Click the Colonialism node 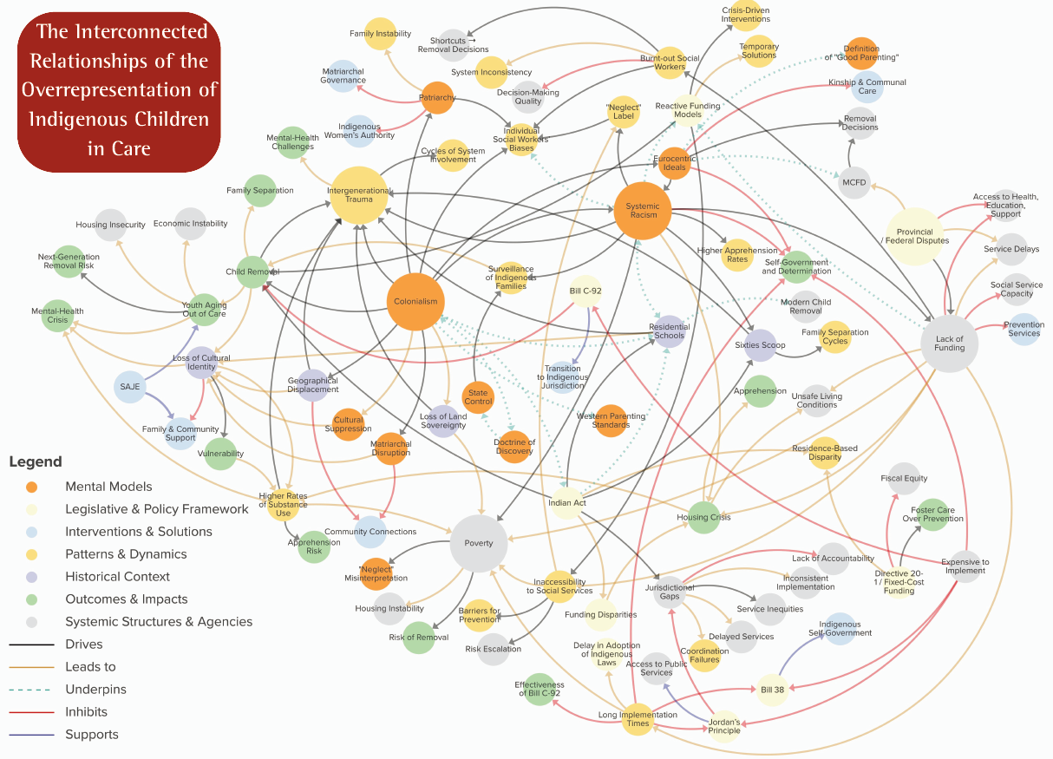(415, 302)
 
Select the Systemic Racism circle (643, 211)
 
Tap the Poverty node (479, 543)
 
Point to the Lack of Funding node (949, 344)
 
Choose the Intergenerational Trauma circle (359, 195)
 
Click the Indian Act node (567, 503)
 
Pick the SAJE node (130, 387)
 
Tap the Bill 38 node (772, 690)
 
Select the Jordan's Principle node (724, 726)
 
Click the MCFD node (854, 182)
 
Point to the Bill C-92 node (585, 291)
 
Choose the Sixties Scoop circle (760, 345)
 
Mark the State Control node (478, 397)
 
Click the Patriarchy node (437, 98)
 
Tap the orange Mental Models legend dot (31, 487)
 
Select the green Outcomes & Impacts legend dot (31, 599)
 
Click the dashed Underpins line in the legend (30, 690)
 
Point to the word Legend (36, 461)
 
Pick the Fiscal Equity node (904, 478)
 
